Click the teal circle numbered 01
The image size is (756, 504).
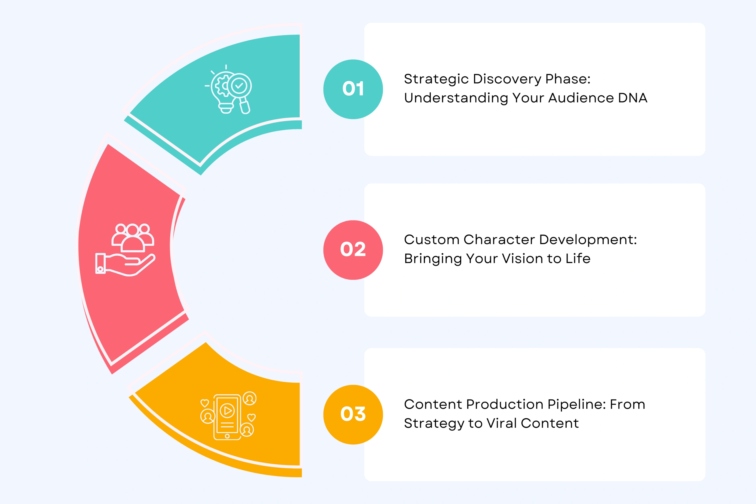353,89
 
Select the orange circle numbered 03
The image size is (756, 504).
353,414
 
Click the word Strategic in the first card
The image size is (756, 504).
436,79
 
